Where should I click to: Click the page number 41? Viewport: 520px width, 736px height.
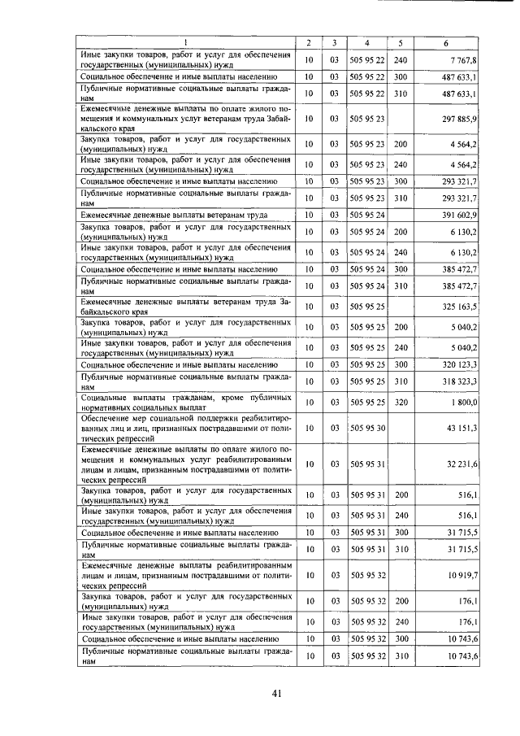(x=276, y=694)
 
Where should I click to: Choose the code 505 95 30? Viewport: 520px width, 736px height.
(x=367, y=427)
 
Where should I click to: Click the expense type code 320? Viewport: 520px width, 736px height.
(x=400, y=402)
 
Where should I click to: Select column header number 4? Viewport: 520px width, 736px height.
(x=367, y=42)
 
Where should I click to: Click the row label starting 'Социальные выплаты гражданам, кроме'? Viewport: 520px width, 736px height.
(x=186, y=402)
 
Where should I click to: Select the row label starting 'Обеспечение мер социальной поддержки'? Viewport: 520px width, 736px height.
(x=186, y=427)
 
